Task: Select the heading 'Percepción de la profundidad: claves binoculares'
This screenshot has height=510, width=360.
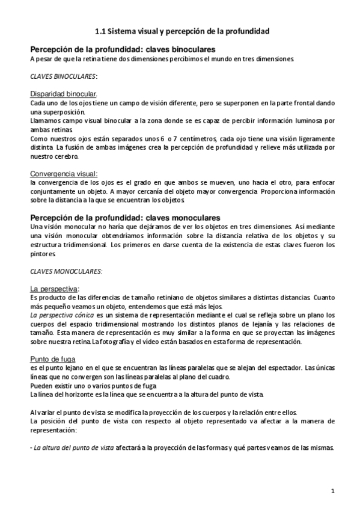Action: tap(123, 49)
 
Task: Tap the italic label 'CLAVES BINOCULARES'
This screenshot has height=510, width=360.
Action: tap(63, 77)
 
